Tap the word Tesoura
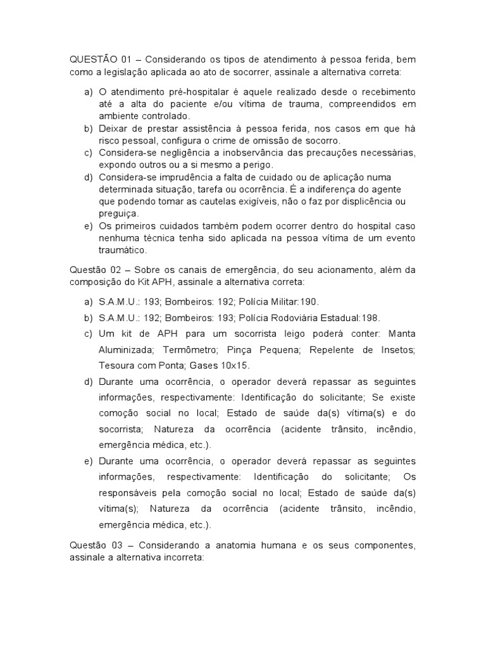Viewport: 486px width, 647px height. pyautogui.click(x=118, y=365)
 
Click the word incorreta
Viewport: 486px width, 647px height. pyautogui.click(x=180, y=559)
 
